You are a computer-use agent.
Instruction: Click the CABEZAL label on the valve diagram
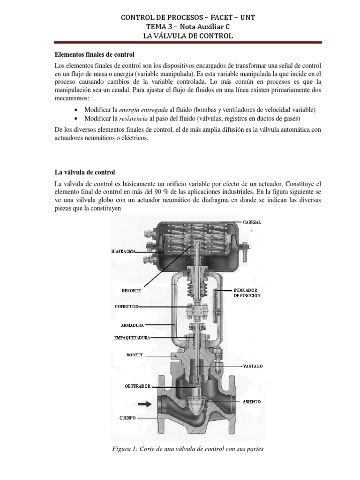tap(252, 222)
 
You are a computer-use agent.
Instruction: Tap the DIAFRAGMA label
tap(123, 252)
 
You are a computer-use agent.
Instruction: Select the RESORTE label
tap(131, 291)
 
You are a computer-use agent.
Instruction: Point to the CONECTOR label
tap(127, 307)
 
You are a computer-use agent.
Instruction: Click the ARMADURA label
tap(132, 325)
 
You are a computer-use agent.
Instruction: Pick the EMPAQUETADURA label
tap(132, 337)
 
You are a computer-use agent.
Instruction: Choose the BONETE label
tap(135, 355)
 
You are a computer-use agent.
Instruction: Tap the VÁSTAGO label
tap(253, 366)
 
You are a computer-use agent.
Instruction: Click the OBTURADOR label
tap(138, 386)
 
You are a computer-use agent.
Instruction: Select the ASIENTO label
tap(252, 402)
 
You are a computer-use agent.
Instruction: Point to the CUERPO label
tap(127, 418)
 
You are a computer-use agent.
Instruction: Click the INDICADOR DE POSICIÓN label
tap(247, 293)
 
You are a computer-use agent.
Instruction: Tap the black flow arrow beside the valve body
tap(144, 404)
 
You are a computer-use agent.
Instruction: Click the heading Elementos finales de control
tap(95, 55)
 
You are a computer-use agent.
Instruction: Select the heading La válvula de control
tap(85, 172)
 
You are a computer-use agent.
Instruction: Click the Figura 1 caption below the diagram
tap(188, 449)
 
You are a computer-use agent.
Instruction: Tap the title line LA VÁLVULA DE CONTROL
tap(188, 36)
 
